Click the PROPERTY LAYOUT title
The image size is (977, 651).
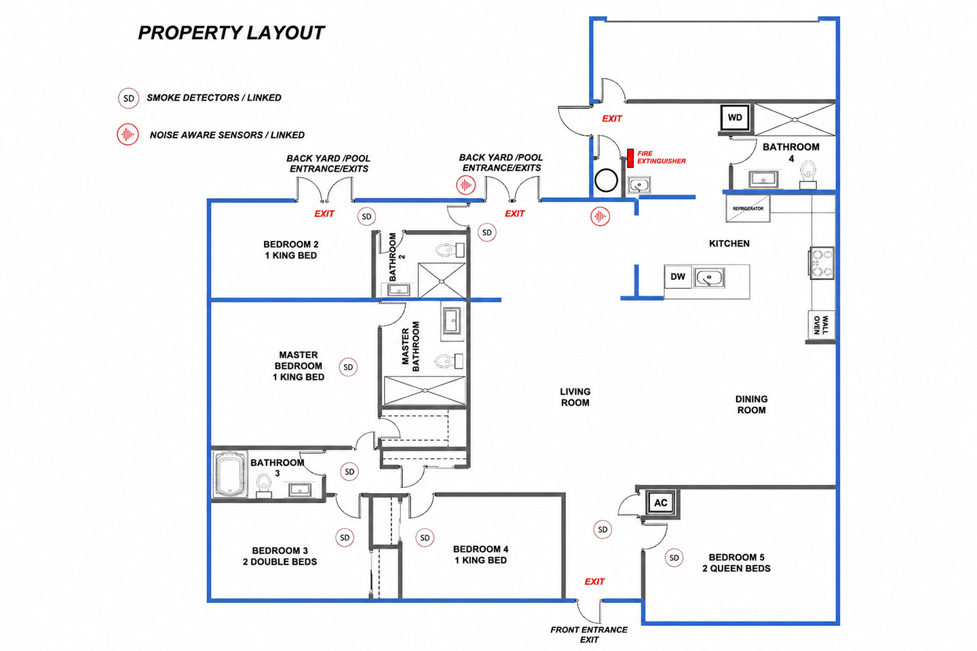pos(231,33)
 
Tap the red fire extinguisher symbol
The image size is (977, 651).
pos(630,158)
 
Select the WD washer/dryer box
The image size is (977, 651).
pos(735,117)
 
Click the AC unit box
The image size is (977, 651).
pos(660,502)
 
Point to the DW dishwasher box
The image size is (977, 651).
pos(677,277)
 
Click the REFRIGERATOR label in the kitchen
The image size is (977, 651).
pos(748,209)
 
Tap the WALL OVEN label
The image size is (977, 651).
pos(821,325)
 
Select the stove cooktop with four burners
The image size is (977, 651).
pos(822,263)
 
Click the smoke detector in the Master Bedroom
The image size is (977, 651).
pos(348,367)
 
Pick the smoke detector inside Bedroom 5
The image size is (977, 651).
pos(674,557)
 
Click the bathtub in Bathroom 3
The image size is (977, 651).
pos(230,474)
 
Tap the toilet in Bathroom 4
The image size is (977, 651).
pos(808,174)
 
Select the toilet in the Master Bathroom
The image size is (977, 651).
pos(449,361)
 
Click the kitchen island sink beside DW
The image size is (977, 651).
pos(709,277)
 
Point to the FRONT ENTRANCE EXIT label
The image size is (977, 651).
pos(589,635)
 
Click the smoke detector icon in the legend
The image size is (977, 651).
pos(129,98)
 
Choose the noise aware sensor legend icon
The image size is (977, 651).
pos(128,135)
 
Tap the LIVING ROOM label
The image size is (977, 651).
pos(575,397)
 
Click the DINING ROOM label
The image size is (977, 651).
pos(751,405)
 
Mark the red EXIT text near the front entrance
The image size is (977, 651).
pos(594,582)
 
